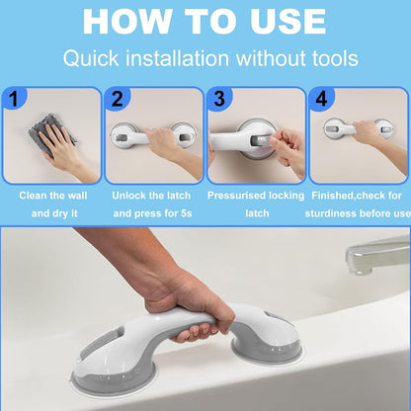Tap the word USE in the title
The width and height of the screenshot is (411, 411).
[x=280, y=21]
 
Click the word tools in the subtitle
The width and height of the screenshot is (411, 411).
[x=326, y=59]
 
